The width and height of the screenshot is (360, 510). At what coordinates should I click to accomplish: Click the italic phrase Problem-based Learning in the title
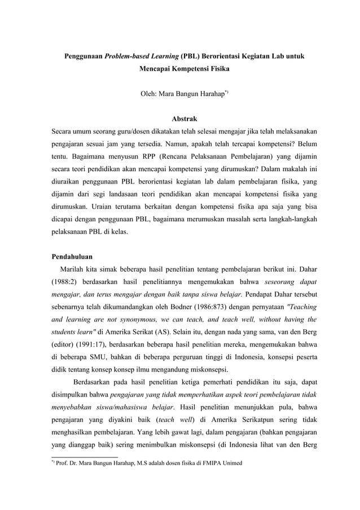[x=142, y=57]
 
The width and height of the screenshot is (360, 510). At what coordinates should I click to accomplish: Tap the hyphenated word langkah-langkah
[x=289, y=233]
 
